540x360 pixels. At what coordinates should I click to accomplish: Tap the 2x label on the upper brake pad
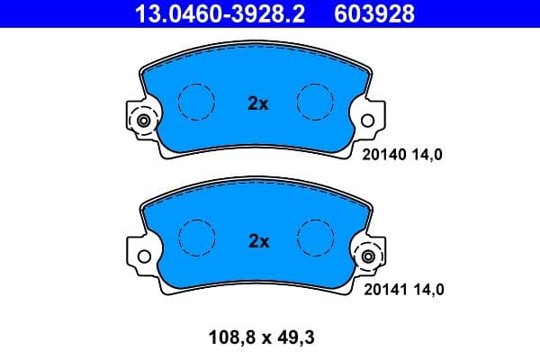point(258,103)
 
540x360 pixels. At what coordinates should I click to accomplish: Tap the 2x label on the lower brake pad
point(258,240)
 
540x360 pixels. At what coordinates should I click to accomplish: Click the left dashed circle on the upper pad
point(197,102)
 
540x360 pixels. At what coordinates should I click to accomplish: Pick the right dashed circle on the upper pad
point(316,102)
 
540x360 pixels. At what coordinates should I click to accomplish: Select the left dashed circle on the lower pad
point(197,238)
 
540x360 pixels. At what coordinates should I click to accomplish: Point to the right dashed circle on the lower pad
point(316,238)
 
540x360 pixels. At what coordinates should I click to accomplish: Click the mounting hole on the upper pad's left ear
point(142,121)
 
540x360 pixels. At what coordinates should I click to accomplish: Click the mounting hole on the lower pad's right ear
point(368,257)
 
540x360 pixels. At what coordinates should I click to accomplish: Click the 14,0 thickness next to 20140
point(427,154)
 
